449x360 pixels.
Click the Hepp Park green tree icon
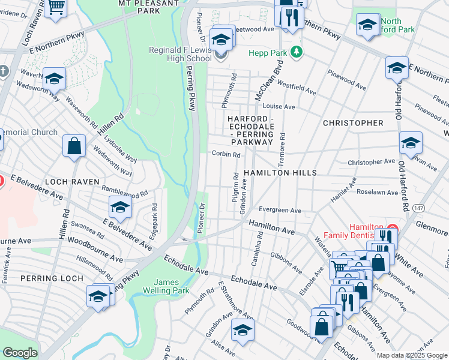pos(295,53)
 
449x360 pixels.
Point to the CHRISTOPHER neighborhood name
pos(353,123)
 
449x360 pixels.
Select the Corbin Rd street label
pos(226,154)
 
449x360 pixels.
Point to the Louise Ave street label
pos(279,106)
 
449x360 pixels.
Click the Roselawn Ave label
pos(377,193)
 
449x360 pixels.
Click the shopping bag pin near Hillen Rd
pos(74,146)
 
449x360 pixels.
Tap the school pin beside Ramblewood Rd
pos(120,208)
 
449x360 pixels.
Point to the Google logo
pos(20,353)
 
